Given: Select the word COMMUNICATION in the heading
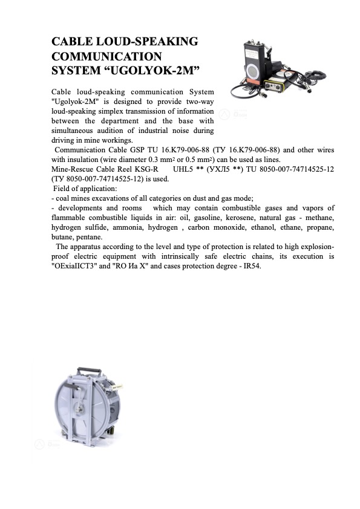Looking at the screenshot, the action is coord(106,56).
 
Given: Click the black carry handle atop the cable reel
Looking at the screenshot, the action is coord(88,371).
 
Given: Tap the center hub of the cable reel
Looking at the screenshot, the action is coord(79,409).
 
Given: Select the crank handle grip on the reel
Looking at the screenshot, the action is coord(117,386).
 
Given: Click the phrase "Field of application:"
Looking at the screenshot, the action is coord(85,189).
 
